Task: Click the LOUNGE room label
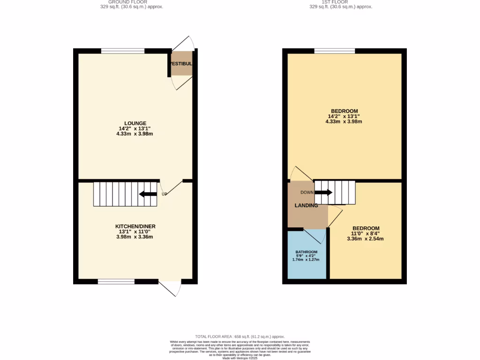[135, 123]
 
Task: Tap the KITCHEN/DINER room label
[135, 226]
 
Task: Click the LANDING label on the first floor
[306, 205]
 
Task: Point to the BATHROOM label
[306, 252]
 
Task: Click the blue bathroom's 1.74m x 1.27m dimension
[306, 260]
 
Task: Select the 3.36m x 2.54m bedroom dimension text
[365, 239]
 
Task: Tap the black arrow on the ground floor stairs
[148, 194]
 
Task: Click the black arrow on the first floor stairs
[323, 192]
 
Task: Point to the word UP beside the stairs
[164, 194]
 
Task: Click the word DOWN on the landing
[307, 193]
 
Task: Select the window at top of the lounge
[123, 51]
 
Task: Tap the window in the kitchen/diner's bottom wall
[116, 282]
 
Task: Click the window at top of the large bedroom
[334, 51]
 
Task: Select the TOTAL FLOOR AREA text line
[240, 337]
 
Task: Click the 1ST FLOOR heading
[335, 2]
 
